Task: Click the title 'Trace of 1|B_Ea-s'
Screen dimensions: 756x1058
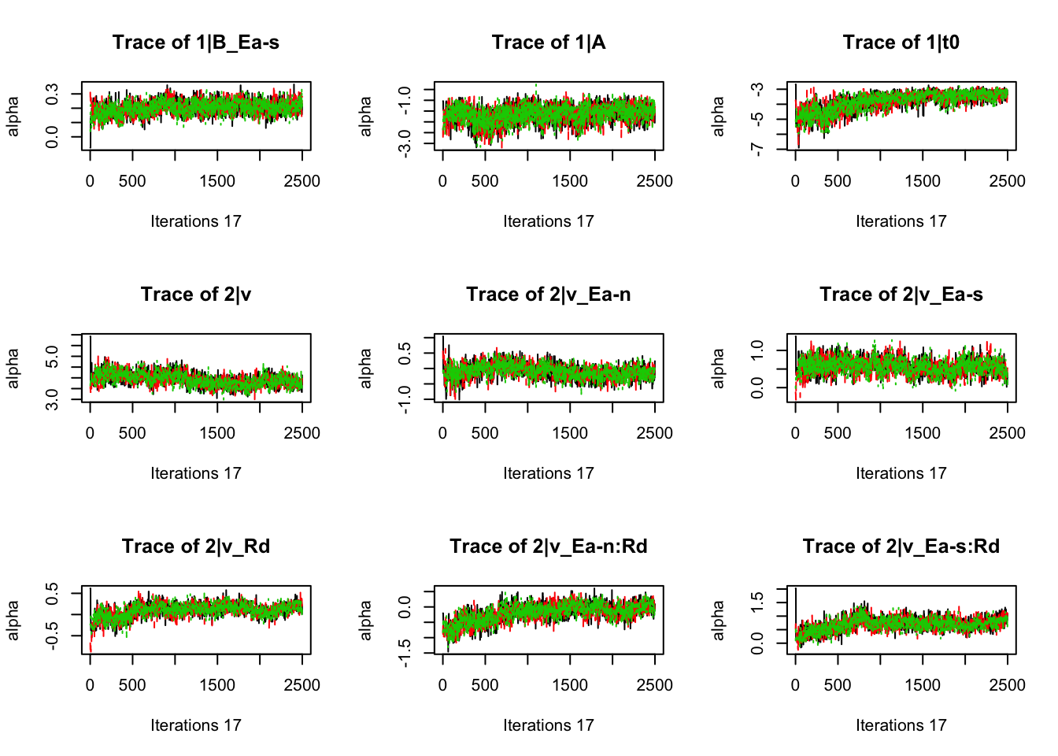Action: click(195, 43)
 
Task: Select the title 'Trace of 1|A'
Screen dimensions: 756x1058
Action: click(548, 43)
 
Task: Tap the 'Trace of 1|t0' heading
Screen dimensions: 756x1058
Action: click(901, 43)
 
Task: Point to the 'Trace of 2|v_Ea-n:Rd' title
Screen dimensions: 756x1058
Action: click(548, 547)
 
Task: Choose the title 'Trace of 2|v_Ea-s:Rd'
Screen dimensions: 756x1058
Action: click(901, 547)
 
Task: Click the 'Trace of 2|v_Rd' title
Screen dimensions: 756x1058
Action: click(195, 547)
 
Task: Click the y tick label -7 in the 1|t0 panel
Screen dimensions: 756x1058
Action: click(757, 149)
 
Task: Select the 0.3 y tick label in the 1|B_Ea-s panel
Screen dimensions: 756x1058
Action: click(52, 94)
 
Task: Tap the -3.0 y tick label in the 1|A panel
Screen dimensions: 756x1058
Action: click(405, 143)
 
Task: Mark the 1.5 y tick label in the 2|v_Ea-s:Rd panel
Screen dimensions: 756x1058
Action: click(757, 602)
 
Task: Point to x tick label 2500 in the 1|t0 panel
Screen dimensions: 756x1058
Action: click(1007, 181)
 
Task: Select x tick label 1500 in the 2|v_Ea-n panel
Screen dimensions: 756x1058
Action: click(570, 433)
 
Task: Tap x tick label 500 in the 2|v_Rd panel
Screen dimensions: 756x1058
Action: click(132, 685)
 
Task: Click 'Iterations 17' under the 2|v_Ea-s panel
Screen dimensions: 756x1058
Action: click(901, 473)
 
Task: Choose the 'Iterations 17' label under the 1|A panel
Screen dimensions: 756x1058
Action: click(548, 221)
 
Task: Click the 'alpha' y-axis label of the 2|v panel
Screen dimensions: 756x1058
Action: click(13, 368)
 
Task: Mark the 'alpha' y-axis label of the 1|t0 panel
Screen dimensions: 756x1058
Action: click(719, 116)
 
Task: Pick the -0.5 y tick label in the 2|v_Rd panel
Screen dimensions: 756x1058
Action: click(52, 636)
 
